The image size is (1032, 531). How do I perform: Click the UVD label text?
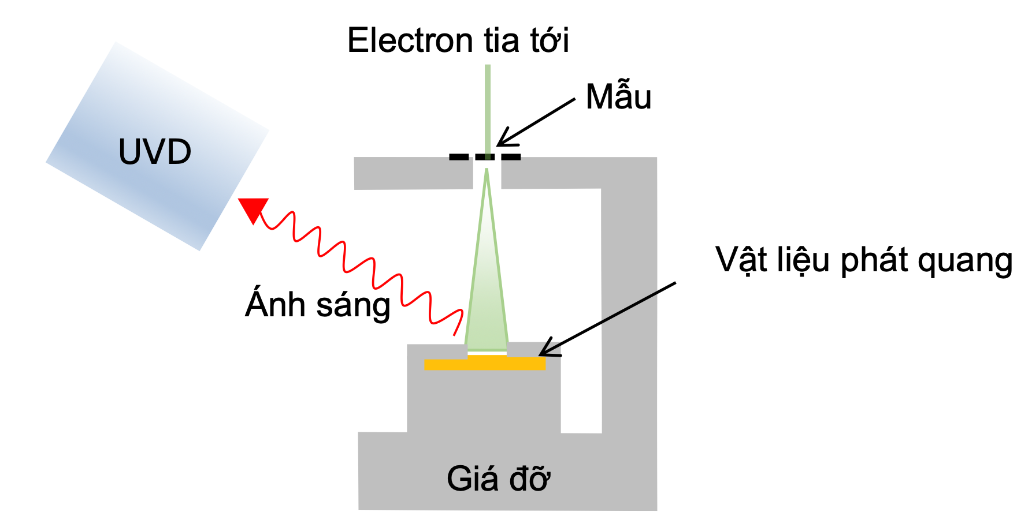[x=154, y=152]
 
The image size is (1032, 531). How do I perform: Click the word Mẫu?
[x=618, y=96]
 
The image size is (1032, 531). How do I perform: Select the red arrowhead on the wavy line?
[x=253, y=208]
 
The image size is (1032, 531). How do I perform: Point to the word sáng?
[x=354, y=305]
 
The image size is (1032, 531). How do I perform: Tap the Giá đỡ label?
[x=498, y=478]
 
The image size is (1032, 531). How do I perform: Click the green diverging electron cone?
[x=487, y=289]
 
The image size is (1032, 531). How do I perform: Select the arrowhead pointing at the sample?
[x=504, y=139]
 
